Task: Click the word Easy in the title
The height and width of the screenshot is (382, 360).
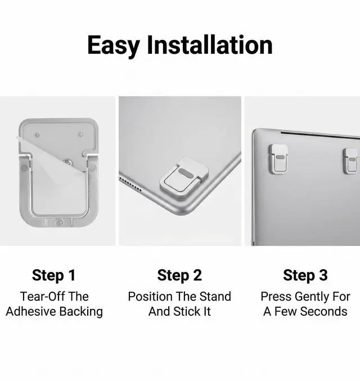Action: [x=114, y=46]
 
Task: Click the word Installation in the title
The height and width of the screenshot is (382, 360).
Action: [x=209, y=45]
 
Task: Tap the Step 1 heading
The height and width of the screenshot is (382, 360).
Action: [x=54, y=275]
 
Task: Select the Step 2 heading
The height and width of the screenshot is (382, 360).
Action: [x=179, y=275]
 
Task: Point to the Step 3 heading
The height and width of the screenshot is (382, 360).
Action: [x=305, y=275]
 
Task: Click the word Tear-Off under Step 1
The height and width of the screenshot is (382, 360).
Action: [x=42, y=297]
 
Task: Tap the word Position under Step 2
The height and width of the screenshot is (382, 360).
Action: [x=150, y=297]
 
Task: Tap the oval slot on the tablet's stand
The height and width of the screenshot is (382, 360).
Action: [x=185, y=172]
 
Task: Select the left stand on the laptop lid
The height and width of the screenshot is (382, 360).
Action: [x=278, y=159]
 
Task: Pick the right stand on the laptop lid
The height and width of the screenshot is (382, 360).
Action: [x=351, y=161]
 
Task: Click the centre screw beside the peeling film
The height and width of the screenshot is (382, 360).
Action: [x=67, y=162]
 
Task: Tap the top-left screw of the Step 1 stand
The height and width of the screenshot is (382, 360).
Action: [x=37, y=135]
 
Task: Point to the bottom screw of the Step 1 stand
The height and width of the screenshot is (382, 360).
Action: [x=60, y=222]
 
